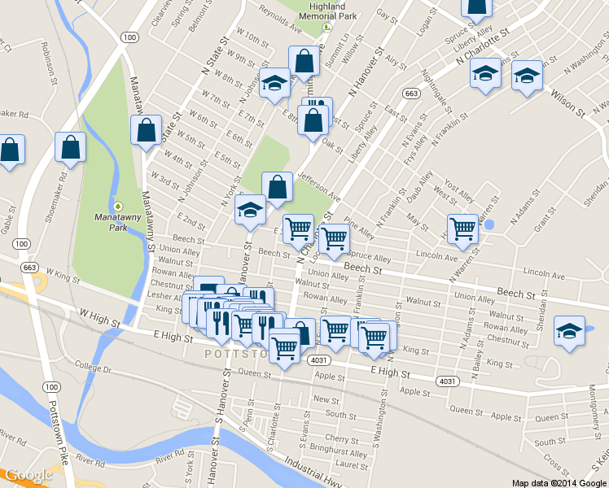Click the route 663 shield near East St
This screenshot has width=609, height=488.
[x=412, y=94]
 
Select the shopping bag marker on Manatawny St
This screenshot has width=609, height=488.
[x=146, y=130]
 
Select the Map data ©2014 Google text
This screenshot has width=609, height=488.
[x=558, y=482]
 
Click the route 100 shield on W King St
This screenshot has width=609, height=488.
[x=22, y=244]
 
